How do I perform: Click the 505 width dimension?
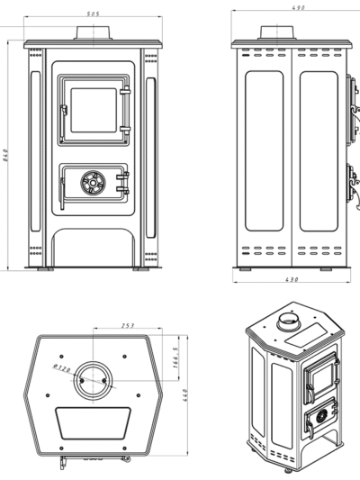(93, 14)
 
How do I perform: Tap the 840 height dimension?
(5, 155)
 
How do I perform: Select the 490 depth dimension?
(299, 7)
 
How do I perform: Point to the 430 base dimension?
(292, 279)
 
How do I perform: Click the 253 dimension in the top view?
(128, 325)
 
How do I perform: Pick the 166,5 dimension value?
(175, 358)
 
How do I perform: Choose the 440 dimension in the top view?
(184, 395)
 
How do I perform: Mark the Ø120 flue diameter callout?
(62, 367)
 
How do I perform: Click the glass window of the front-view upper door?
(94, 111)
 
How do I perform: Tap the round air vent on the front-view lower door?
(93, 183)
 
